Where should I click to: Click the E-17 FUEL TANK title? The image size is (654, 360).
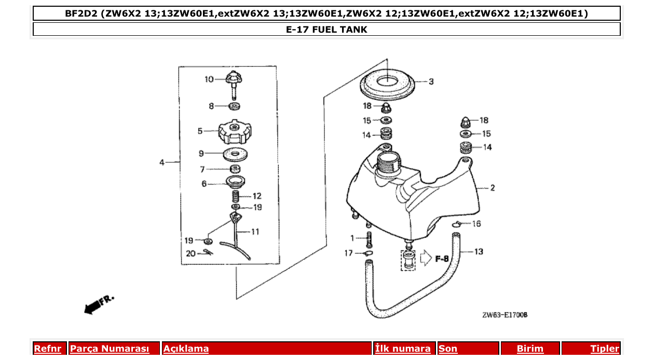point(326,30)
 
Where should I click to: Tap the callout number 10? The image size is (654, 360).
point(209,79)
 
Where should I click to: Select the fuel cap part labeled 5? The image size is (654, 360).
point(235,132)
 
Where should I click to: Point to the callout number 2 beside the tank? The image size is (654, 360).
point(492,188)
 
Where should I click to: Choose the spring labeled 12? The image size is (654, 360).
point(235,197)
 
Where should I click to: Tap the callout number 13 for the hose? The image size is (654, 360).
point(478,252)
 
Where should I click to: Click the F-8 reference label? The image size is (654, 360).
point(442,258)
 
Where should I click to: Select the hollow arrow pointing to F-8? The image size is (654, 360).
point(426,258)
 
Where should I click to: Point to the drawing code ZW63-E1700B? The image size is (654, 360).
point(505,315)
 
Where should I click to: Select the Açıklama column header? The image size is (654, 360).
point(186,349)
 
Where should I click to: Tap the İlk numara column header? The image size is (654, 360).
point(403,349)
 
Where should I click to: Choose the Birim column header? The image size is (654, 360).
point(530,349)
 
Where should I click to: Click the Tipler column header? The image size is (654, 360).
point(605,349)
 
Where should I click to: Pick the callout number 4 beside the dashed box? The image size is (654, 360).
point(162,163)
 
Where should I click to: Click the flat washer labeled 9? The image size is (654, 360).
point(235,154)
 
